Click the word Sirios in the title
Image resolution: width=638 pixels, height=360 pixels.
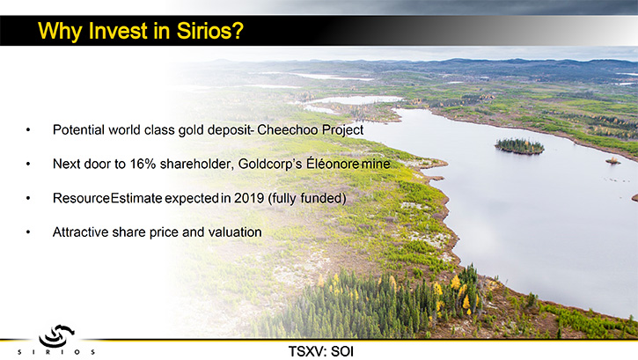206,31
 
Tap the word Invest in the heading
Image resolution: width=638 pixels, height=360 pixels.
118,31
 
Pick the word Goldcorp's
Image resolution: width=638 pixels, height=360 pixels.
270,164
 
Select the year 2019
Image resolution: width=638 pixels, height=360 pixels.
249,198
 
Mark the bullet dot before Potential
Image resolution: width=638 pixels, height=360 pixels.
28,130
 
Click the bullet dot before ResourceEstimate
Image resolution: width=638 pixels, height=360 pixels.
28,199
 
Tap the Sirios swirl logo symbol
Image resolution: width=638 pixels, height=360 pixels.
56,335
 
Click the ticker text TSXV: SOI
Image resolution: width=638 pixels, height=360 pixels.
321,351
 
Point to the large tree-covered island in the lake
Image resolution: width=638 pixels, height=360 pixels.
519,146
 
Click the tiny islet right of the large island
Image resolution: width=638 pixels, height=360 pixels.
612,161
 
